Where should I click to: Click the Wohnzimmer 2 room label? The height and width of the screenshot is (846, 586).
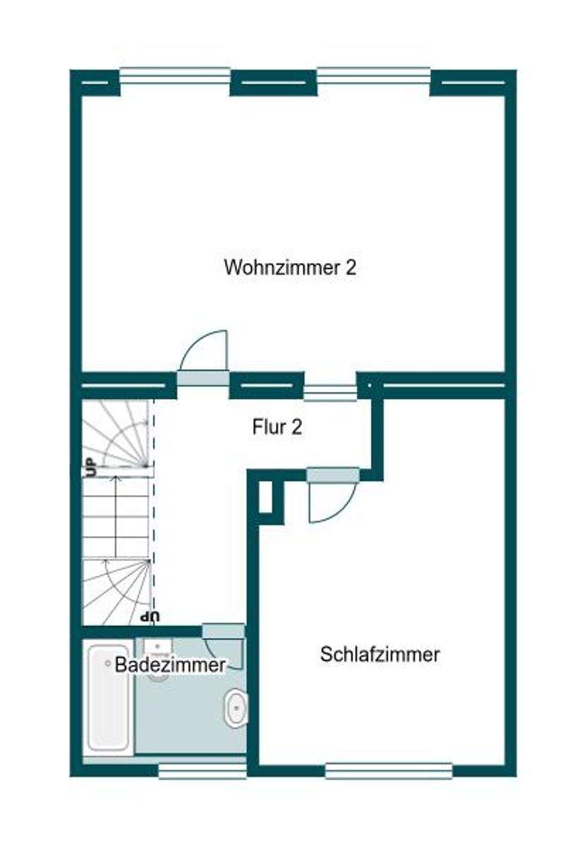click(290, 268)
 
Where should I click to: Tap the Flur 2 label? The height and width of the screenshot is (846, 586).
click(277, 427)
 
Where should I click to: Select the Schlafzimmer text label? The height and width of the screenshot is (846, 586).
click(380, 654)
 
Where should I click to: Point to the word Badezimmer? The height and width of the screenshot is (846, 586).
click(170, 664)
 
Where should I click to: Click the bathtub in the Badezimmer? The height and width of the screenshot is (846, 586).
click(108, 698)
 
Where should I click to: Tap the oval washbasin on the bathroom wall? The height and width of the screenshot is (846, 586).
click(236, 709)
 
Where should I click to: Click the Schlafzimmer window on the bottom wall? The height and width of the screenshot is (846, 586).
click(389, 771)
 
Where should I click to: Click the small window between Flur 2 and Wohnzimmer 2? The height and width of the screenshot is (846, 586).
click(330, 392)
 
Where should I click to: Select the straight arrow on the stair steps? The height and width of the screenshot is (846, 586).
click(117, 508)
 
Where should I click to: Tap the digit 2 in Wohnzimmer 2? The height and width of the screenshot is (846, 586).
click(350, 268)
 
